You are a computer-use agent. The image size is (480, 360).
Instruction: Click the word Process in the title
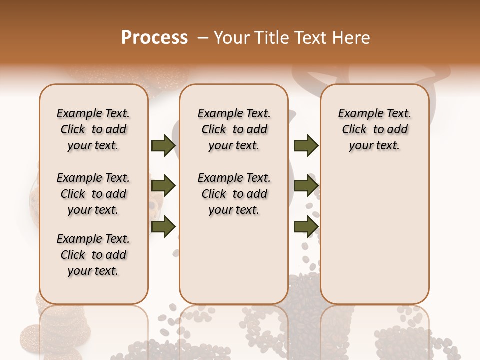click(154, 38)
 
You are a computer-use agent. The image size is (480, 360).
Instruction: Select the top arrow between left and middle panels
click(163, 146)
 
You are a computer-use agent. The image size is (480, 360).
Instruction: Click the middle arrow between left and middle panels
click(163, 186)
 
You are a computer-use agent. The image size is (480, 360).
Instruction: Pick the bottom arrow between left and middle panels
click(163, 227)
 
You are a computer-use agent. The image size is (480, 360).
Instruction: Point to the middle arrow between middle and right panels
click(306, 186)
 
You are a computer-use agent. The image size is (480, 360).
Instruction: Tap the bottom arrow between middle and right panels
click(306, 227)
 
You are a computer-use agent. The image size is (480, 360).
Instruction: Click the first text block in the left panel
click(93, 129)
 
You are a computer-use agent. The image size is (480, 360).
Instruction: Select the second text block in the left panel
click(93, 194)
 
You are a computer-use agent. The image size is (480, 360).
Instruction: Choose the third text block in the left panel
click(93, 255)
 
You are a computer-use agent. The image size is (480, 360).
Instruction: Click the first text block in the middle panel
click(234, 129)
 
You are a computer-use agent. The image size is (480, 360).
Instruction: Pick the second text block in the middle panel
click(234, 194)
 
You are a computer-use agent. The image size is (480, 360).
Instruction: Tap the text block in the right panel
click(374, 129)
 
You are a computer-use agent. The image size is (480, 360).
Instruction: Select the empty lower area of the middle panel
click(234, 260)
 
